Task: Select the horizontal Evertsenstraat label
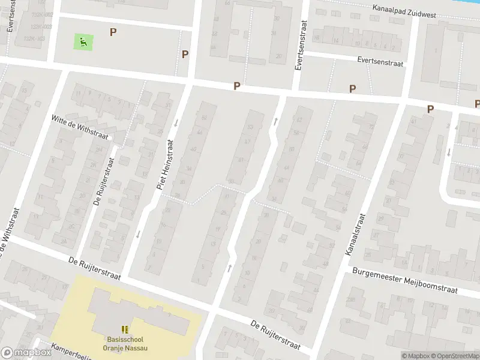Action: (380, 61)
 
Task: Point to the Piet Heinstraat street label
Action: (165, 165)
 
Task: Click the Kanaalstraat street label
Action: (355, 235)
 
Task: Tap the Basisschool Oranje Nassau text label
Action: (125, 343)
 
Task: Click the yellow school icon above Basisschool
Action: (125, 329)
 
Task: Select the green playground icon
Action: (83, 41)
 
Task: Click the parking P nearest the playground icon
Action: (113, 32)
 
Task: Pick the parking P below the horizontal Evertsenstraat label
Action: (352, 88)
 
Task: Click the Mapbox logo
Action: (26, 353)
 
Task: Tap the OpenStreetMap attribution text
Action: (454, 356)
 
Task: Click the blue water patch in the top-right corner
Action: (465, 6)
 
